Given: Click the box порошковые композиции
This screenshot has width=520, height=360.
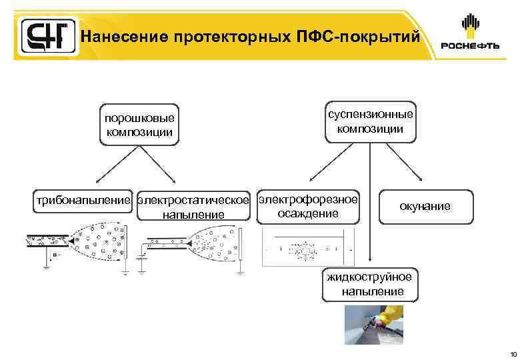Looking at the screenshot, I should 139,125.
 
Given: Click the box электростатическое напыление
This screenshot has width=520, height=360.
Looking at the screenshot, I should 193,207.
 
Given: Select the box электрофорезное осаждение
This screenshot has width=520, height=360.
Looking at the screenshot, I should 308,206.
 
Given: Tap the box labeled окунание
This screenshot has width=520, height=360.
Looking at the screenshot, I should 425,207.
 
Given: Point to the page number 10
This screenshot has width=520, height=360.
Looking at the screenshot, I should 511,353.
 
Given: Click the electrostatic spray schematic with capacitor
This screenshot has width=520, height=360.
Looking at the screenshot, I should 193,245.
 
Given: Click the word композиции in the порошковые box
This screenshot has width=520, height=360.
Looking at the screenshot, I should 139,132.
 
